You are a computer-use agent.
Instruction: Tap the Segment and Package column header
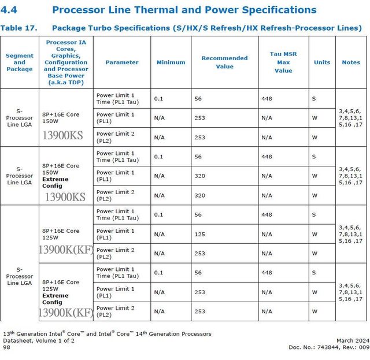[x=20, y=62]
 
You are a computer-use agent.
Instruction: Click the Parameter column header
[x=122, y=62]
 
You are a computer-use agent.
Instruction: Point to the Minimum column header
[x=171, y=62]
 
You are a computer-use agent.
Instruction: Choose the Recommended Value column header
[x=224, y=62]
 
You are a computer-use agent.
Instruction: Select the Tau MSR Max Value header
[x=283, y=62]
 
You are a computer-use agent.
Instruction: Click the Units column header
[x=322, y=62]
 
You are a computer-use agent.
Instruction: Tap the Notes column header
[x=351, y=62]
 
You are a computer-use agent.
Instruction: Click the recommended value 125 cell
[x=200, y=234]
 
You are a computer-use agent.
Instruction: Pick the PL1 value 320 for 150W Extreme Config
[x=200, y=176]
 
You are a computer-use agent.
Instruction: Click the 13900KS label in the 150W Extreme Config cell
[x=65, y=197]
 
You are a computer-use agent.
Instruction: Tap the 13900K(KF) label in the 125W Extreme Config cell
[x=66, y=313]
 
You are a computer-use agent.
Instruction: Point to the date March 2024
[x=353, y=340]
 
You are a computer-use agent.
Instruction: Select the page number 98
[x=6, y=347]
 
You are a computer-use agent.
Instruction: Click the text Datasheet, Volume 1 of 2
[x=39, y=340]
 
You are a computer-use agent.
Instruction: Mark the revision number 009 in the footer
[x=363, y=347]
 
